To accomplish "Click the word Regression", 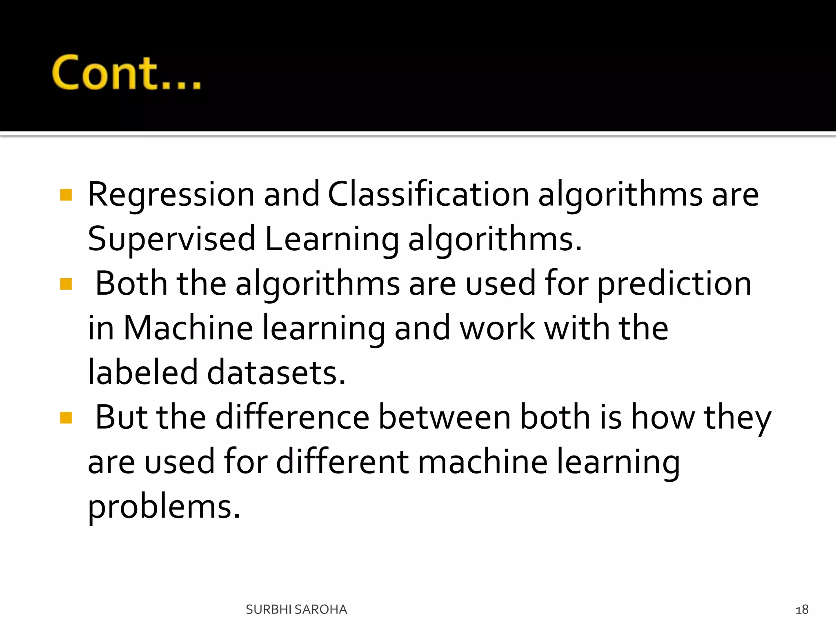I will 171,195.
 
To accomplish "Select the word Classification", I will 428,194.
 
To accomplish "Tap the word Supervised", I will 171,239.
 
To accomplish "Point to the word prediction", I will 674,284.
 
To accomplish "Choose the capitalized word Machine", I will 188,328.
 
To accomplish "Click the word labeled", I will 143,372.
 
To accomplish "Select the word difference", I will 292,417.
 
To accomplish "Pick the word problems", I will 164,507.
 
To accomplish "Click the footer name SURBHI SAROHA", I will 296,609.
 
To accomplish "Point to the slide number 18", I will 802,610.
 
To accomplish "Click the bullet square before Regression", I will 66,195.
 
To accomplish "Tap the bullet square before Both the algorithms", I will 66,284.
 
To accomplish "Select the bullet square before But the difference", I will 66,418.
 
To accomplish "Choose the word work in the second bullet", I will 497,328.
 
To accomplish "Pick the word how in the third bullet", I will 663,417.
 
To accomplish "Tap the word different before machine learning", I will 342,462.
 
